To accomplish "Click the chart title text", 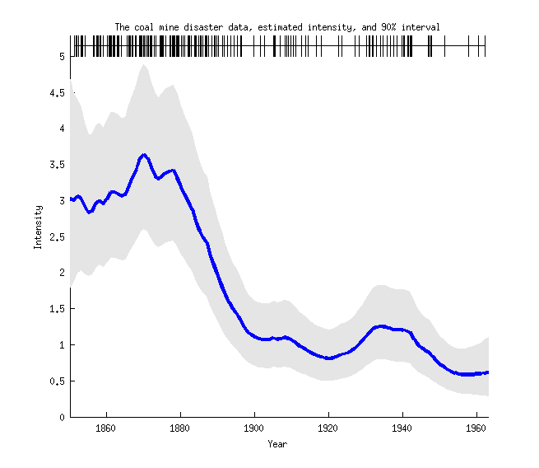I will coord(277,27).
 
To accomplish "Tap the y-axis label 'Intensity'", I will coord(37,227).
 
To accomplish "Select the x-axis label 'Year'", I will coord(277,444).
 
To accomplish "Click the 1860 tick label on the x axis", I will coord(106,428).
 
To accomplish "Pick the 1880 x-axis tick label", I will coord(180,428).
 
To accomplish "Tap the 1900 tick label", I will coord(254,428).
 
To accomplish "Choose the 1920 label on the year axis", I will coord(328,428).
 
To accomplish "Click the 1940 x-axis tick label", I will coord(402,428).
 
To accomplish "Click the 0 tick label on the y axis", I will coord(62,417).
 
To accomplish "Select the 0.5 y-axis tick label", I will coord(57,381).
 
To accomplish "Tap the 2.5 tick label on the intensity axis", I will coord(57,236).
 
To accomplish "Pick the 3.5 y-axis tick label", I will coord(57,165).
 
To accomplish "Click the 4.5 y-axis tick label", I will coord(57,93).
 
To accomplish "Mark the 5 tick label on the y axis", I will coord(62,57).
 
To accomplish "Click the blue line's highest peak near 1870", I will coord(144,154).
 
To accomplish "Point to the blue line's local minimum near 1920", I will coord(328,358).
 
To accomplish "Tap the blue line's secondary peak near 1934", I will coord(380,326).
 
